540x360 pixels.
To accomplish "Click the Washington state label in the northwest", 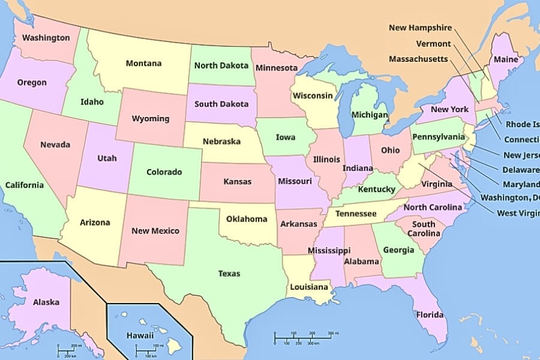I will pyautogui.click(x=46, y=38).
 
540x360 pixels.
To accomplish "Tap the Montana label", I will pyautogui.click(x=143, y=63).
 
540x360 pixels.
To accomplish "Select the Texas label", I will pyautogui.click(x=229, y=274).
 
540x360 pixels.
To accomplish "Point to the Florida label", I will pyautogui.click(x=430, y=314).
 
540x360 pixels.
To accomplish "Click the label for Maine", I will pyautogui.click(x=506, y=59).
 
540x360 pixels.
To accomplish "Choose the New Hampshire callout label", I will pyautogui.click(x=420, y=28).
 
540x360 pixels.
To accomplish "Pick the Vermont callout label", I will pyautogui.click(x=433, y=44).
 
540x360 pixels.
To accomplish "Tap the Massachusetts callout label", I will pyautogui.click(x=418, y=59).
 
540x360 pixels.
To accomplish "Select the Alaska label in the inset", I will pyautogui.click(x=46, y=302).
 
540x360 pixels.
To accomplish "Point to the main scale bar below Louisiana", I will pyautogui.click(x=303, y=338).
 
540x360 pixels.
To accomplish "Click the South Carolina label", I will pyautogui.click(x=424, y=229).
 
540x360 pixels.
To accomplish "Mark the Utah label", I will pyautogui.click(x=107, y=158).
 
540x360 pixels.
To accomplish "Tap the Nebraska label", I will pyautogui.click(x=221, y=142).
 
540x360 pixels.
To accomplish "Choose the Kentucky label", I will pyautogui.click(x=376, y=190).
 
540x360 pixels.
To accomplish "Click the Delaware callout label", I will pyautogui.click(x=521, y=170).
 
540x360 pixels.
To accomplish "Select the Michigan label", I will pyautogui.click(x=369, y=115).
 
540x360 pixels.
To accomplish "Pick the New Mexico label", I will pyautogui.click(x=155, y=230).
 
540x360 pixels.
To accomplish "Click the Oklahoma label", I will pyautogui.click(x=247, y=218).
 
